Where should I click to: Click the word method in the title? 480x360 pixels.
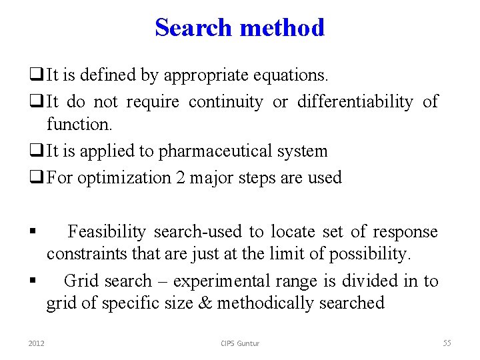[x=282, y=27]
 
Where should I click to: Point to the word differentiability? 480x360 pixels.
[x=355, y=102]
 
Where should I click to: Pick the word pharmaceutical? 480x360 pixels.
[x=221, y=151]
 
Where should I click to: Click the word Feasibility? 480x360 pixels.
[x=107, y=232]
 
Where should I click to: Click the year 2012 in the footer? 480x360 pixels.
[x=36, y=343]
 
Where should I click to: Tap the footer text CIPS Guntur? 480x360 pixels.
[x=240, y=343]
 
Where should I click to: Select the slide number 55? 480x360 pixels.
[x=447, y=343]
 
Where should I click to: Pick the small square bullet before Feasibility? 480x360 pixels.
[x=32, y=233]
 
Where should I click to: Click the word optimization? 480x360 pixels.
[x=125, y=178]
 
